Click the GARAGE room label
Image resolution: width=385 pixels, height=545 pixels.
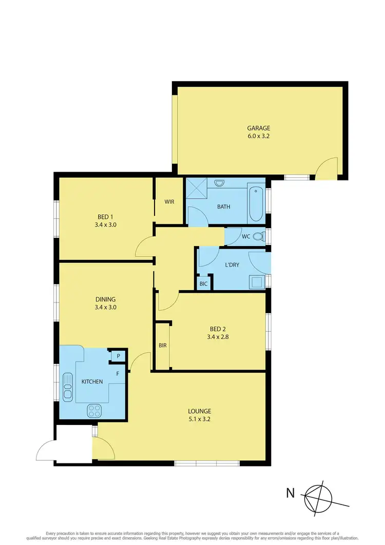click(x=258, y=128)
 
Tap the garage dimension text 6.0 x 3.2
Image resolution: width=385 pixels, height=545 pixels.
click(x=258, y=137)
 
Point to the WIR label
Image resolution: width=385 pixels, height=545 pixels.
click(x=169, y=201)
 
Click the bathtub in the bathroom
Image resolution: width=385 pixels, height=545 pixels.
click(x=256, y=204)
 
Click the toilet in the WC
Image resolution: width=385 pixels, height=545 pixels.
click(x=263, y=236)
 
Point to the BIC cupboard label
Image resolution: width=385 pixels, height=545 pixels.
click(x=203, y=284)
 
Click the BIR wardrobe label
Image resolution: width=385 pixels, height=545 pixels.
click(x=162, y=346)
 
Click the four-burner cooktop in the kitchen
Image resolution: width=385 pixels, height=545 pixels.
click(x=94, y=410)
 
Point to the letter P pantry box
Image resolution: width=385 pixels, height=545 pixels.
click(x=118, y=356)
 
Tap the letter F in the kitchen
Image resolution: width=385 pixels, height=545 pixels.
click(x=118, y=374)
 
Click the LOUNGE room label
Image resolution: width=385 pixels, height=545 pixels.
click(x=200, y=411)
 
